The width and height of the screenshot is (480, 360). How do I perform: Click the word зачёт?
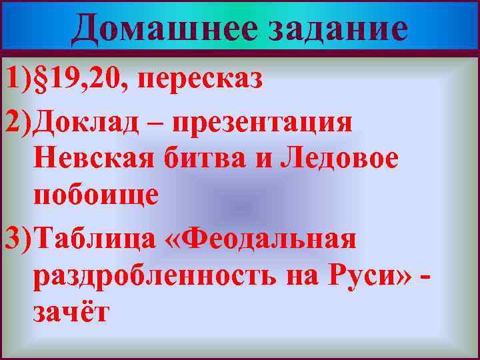(x=70, y=312)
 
